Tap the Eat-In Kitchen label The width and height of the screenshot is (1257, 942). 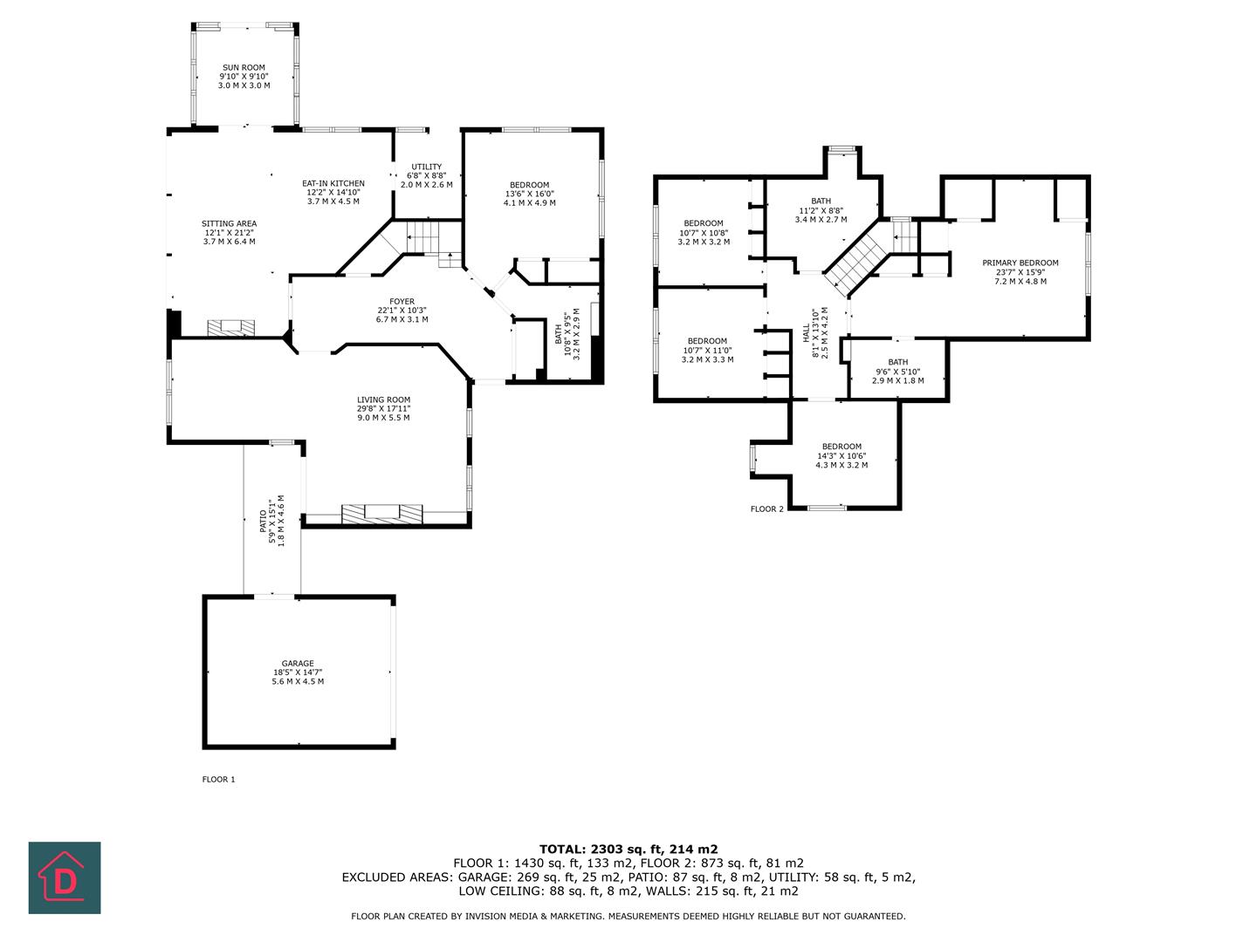tap(333, 184)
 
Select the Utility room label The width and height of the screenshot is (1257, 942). tap(427, 167)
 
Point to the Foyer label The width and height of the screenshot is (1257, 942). tap(402, 302)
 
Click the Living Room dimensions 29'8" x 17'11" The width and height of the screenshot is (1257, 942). tap(383, 408)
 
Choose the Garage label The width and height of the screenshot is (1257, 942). tap(298, 664)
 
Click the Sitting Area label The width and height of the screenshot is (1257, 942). tap(230, 224)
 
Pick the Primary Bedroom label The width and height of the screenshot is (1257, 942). tap(1020, 263)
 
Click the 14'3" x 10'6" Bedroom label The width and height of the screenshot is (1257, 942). tap(841, 447)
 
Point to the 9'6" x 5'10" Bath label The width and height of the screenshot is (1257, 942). tap(897, 363)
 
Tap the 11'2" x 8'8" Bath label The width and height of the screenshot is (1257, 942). tap(821, 201)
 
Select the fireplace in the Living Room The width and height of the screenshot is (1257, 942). tap(381, 514)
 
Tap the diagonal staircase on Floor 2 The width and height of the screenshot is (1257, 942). tap(856, 256)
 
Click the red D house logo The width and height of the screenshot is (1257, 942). tap(65, 877)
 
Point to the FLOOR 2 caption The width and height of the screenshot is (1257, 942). tap(767, 509)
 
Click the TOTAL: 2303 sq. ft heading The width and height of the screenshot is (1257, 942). tap(628, 849)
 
